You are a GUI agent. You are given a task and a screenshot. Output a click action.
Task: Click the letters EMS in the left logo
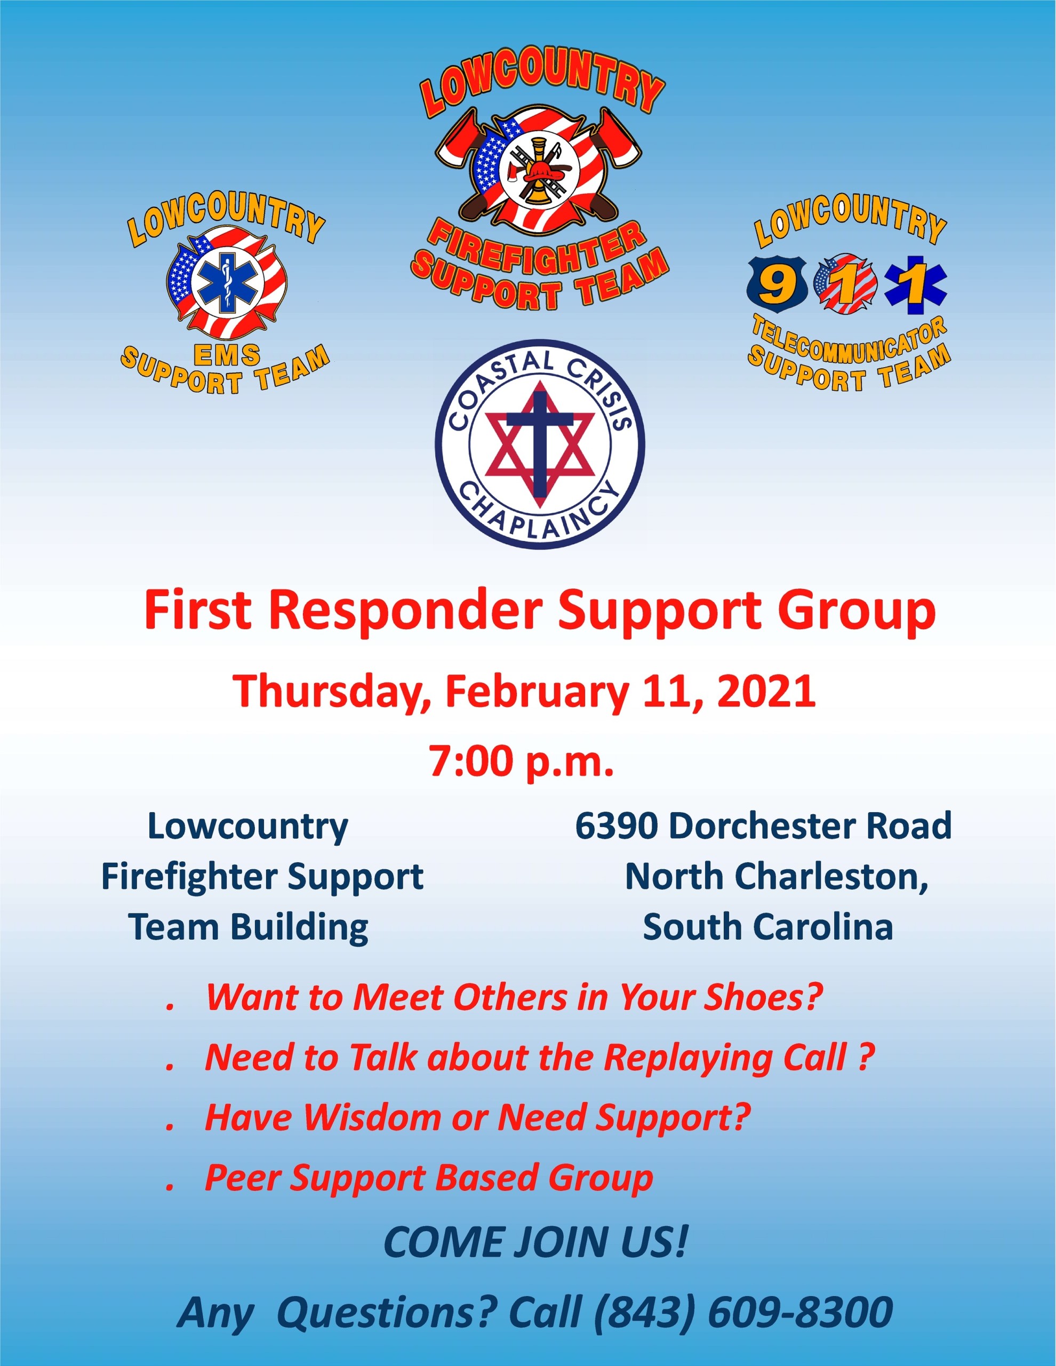click(x=226, y=356)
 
